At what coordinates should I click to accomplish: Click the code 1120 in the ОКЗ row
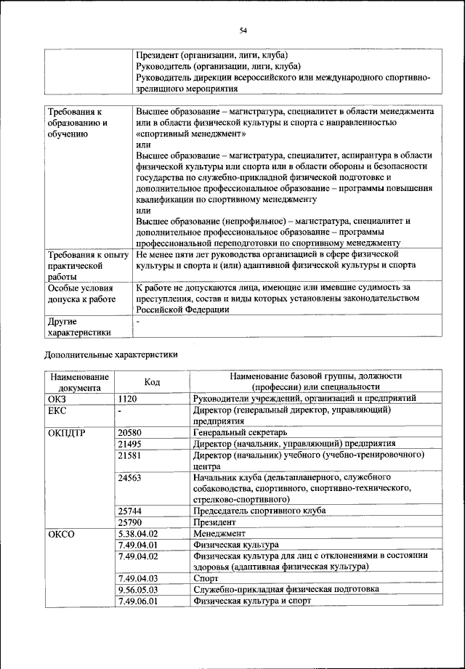tap(129, 399)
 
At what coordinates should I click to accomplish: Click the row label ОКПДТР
tap(67, 432)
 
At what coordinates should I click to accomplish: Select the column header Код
tap(152, 382)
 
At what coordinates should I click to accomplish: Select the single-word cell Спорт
tap(206, 578)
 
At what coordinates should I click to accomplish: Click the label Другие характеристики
tap(79, 326)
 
